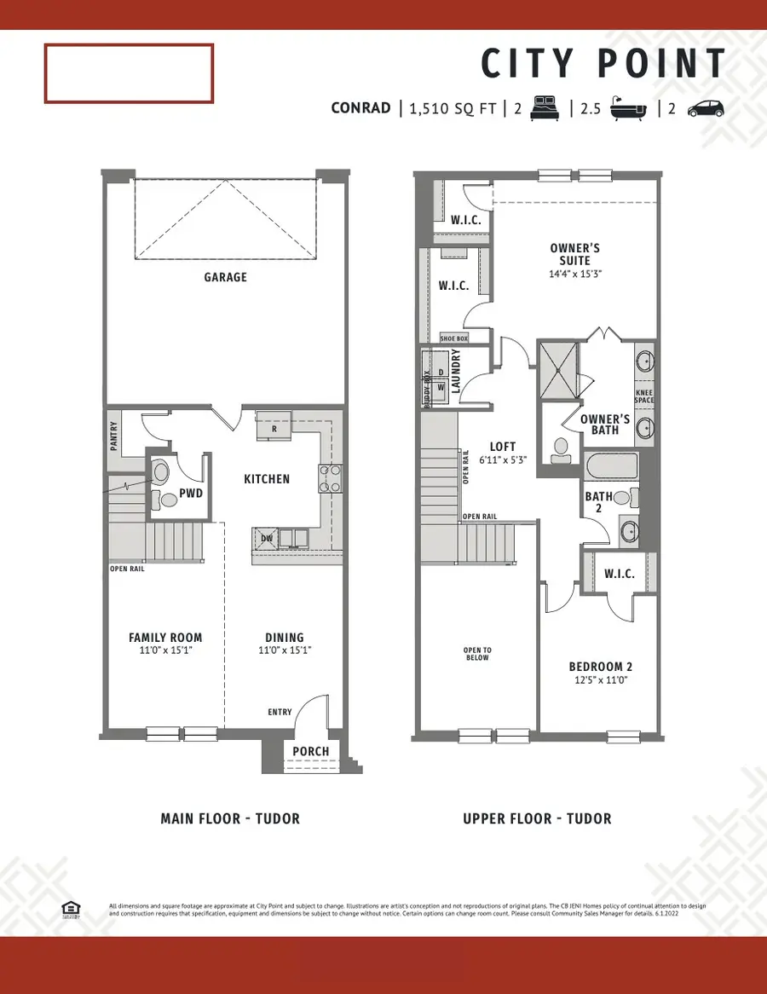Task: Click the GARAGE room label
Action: [225, 277]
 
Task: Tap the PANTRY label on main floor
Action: [113, 436]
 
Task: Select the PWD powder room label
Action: [192, 492]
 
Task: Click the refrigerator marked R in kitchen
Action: [274, 427]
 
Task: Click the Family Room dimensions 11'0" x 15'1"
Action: [165, 650]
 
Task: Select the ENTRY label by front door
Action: [280, 712]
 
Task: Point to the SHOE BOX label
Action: [453, 338]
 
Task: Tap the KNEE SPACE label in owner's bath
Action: [644, 396]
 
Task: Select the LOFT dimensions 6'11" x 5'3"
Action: [503, 459]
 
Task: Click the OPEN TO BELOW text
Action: [477, 654]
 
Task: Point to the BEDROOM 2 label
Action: [601, 667]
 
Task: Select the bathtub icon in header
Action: [629, 109]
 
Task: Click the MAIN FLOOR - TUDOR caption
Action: [230, 818]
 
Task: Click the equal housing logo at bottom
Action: [71, 909]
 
